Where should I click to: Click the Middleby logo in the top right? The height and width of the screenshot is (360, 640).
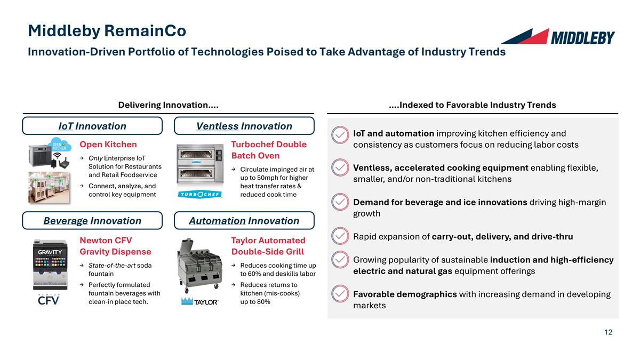(x=557, y=37)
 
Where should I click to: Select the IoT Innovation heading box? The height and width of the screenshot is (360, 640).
(x=92, y=126)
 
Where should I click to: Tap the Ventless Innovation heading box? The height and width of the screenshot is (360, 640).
(x=244, y=126)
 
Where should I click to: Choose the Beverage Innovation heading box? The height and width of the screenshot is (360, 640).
(x=92, y=221)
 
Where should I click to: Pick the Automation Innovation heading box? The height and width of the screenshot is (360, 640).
(x=244, y=221)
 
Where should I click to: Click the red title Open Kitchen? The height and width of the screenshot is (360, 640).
(x=108, y=145)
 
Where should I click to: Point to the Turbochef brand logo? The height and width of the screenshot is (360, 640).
(x=199, y=194)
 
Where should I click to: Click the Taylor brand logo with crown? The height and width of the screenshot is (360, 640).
(x=200, y=301)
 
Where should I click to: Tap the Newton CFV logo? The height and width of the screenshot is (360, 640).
(x=48, y=299)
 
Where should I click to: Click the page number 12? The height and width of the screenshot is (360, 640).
(x=608, y=332)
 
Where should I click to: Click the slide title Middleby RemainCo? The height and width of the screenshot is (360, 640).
(x=107, y=31)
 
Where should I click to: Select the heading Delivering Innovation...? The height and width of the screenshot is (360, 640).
(x=168, y=105)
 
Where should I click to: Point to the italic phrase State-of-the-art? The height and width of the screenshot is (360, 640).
(x=112, y=266)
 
